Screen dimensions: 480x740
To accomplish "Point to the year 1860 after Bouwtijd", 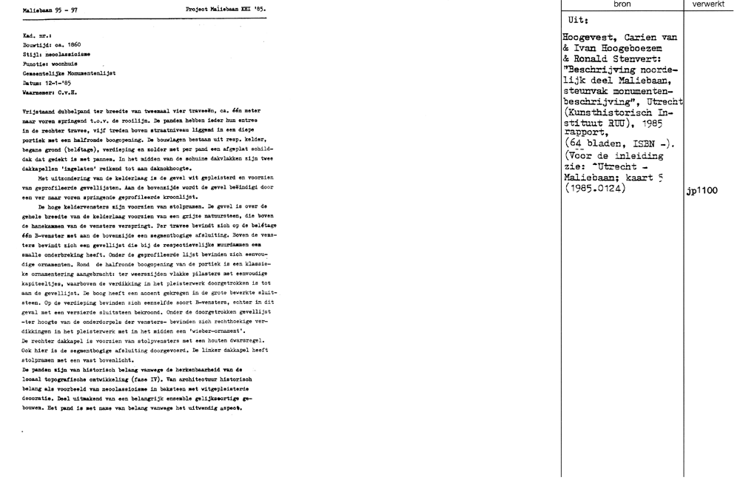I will coord(71,45).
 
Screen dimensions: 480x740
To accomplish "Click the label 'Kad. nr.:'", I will coord(36,36).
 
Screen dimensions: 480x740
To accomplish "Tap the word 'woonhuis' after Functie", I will coord(64,64).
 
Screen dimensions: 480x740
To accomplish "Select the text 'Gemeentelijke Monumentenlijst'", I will coord(70,74).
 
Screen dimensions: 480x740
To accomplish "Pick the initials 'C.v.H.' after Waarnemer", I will coord(67,93).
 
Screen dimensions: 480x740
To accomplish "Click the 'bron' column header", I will coord(622,5).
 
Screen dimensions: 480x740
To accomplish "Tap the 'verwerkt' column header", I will coord(708,5).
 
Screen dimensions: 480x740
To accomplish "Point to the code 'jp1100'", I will coord(702,191).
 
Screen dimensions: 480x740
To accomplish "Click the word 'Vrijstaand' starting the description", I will coord(41,109).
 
